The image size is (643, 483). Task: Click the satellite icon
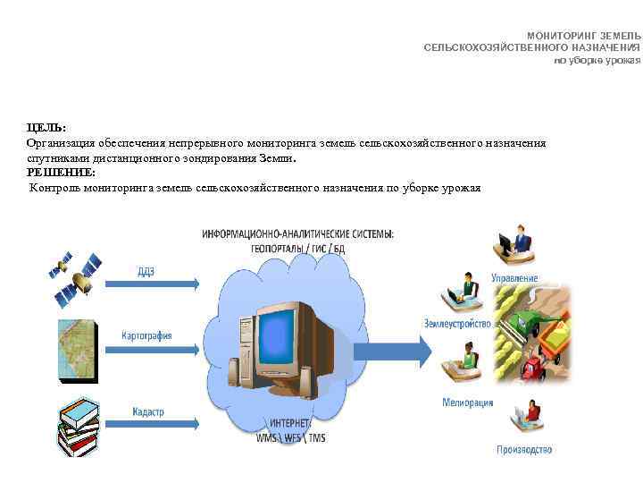pos(75,276)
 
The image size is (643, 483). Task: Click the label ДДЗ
pos(146,272)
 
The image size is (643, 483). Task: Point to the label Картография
pos(146,335)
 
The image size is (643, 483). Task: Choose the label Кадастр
pos(147,411)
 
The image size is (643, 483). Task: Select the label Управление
pos(514,278)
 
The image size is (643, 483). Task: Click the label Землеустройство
pos(458,323)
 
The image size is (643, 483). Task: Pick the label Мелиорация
pos(467,402)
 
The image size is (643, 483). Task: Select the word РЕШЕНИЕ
pos(61,172)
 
